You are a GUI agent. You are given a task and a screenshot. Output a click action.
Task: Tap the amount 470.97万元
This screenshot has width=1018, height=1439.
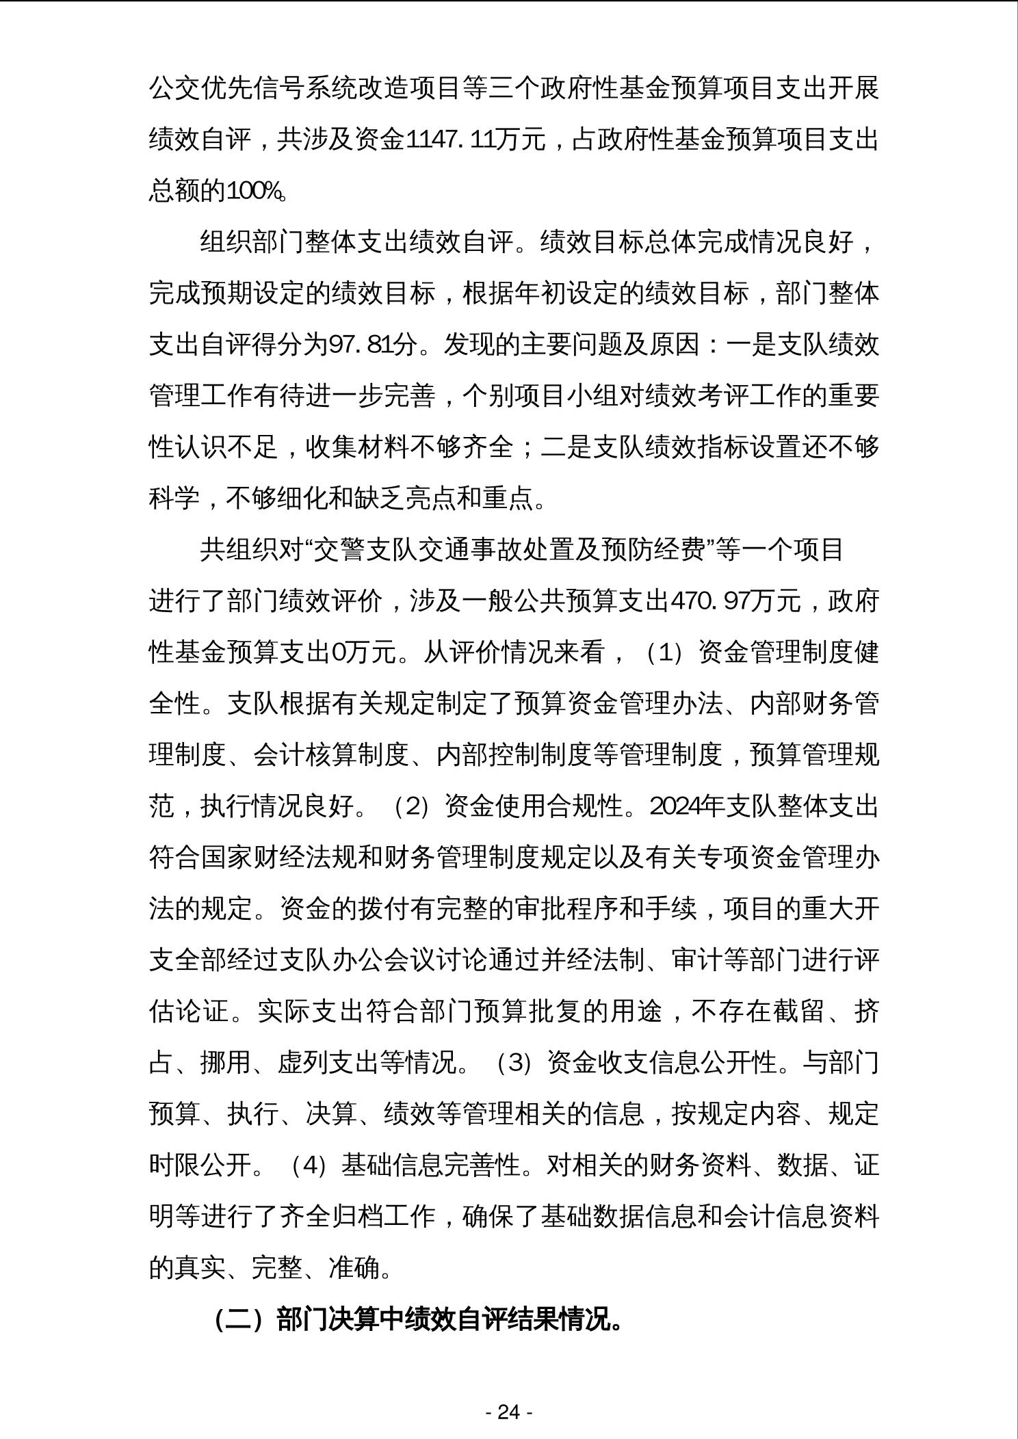[735, 601]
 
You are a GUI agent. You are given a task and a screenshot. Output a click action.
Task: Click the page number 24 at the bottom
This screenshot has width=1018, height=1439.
[509, 1412]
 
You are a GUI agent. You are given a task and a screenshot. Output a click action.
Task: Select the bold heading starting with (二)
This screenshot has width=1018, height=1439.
[418, 1319]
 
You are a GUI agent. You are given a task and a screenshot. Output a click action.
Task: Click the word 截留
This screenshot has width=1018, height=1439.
[797, 1012]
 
